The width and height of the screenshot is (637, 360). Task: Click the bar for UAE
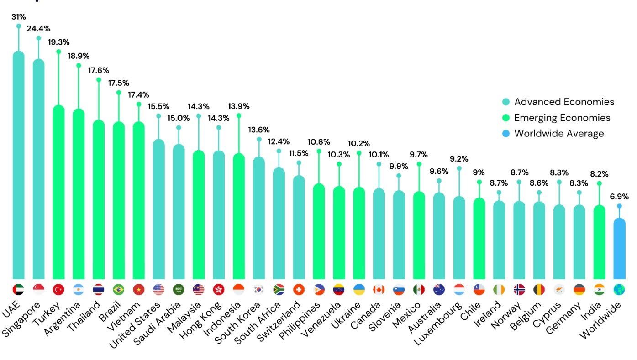pyautogui.click(x=18, y=164)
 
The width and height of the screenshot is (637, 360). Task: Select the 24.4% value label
pyautogui.click(x=38, y=28)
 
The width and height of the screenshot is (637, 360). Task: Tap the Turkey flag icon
pyautogui.click(x=58, y=289)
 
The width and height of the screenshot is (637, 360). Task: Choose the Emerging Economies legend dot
pyautogui.click(x=505, y=118)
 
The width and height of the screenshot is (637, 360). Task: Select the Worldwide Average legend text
pyautogui.click(x=559, y=133)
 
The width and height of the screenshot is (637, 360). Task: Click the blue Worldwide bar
pyautogui.click(x=619, y=249)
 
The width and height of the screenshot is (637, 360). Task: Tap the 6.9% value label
pyautogui.click(x=619, y=197)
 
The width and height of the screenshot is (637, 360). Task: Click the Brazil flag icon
pyautogui.click(x=119, y=289)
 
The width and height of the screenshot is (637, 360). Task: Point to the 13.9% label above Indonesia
pyautogui.click(x=238, y=106)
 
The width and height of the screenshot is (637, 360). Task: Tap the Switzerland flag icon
pyautogui.click(x=299, y=289)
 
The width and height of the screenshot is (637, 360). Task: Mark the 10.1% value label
pyautogui.click(x=379, y=155)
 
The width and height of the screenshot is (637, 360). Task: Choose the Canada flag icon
pyautogui.click(x=379, y=289)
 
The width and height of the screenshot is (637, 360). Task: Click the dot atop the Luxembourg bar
pyautogui.click(x=459, y=168)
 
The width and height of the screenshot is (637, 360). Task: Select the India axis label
pyautogui.click(x=594, y=310)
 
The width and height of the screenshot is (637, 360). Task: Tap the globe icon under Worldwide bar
pyautogui.click(x=619, y=289)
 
